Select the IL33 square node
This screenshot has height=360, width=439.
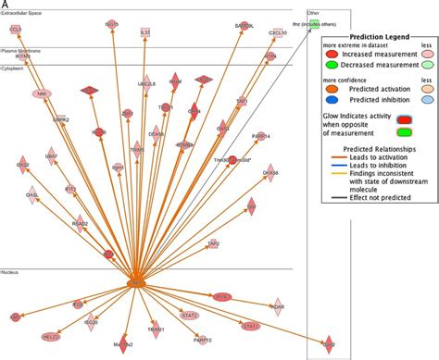(x=144, y=32)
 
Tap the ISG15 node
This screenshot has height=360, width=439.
(x=111, y=22)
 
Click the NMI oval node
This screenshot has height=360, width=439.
(x=42, y=93)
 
